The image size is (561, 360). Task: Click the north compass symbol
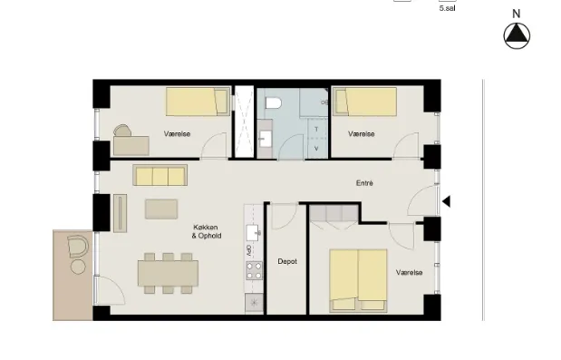pyautogui.click(x=517, y=35)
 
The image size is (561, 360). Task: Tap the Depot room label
pyautogui.click(x=287, y=261)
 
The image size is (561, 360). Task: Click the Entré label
pyautogui.click(x=364, y=183)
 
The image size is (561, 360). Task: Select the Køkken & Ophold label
pyautogui.click(x=207, y=231)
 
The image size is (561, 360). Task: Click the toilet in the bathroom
pyautogui.click(x=274, y=103)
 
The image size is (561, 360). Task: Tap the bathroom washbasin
pyautogui.click(x=266, y=139)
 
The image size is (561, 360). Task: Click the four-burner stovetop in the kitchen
pyautogui.click(x=254, y=270)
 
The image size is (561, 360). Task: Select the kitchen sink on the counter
pyautogui.click(x=254, y=233)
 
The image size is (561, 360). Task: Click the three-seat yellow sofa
pyautogui.click(x=160, y=175)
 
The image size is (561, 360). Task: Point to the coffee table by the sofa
pyautogui.click(x=161, y=209)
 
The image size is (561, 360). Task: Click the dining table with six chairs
pyautogui.click(x=168, y=273)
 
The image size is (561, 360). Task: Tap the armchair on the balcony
pyautogui.click(x=78, y=247)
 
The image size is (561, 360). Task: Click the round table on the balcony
pyautogui.click(x=78, y=267)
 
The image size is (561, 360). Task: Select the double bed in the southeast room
pyautogui.click(x=358, y=280)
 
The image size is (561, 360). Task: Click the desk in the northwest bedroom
pyautogui.click(x=131, y=146)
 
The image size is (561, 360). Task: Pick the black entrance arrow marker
pyautogui.click(x=447, y=201)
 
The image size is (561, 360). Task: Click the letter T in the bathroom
pyautogui.click(x=316, y=129)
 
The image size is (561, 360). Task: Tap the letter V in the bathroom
pyautogui.click(x=316, y=148)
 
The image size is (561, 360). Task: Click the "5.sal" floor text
pyautogui.click(x=447, y=8)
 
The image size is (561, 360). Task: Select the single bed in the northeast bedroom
pyautogui.click(x=365, y=102)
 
